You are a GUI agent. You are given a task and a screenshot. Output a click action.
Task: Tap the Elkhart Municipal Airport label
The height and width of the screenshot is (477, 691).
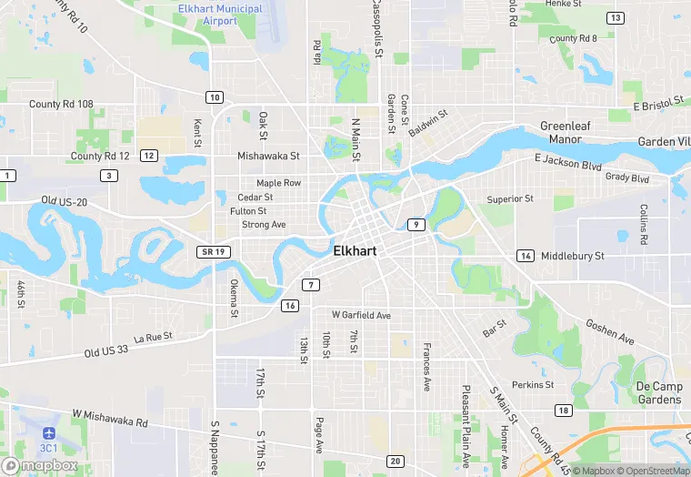coord(220,15)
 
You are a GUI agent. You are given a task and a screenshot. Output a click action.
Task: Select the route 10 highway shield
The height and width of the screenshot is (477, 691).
coord(215,97)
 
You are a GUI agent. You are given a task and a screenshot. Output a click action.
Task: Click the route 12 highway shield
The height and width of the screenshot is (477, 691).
coord(149,156)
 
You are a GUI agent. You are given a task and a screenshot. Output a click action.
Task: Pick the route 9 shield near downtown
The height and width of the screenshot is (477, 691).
coord(416,224)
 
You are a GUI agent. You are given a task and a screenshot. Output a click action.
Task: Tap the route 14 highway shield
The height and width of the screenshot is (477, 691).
coord(526,256)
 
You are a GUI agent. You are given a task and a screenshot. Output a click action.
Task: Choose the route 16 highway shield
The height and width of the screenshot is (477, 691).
coord(290,305)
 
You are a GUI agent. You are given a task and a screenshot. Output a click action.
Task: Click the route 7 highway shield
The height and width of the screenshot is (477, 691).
coord(311,285)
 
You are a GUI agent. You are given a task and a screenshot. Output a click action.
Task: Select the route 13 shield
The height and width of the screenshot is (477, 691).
coord(616,18)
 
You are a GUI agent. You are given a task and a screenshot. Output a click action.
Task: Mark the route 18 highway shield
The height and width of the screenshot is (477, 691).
coord(564,411)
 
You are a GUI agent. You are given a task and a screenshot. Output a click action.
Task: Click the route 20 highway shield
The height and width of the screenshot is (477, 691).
coord(395,462)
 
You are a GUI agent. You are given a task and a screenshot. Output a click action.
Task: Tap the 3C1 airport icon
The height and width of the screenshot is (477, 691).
coord(48,432)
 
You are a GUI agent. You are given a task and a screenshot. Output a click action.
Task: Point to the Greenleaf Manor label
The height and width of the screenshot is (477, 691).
coord(566,133)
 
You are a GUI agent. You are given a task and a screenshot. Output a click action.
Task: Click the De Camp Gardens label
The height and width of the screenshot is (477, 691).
coord(660,393)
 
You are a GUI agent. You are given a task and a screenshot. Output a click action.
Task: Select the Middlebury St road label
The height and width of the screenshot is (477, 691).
coord(573,256)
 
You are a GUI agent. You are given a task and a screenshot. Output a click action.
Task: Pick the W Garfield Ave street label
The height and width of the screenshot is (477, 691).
coord(361,315)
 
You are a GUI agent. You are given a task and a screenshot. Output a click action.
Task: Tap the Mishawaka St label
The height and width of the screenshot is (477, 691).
coord(268,156)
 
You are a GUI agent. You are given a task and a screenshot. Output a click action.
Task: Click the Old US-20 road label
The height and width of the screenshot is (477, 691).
coord(63,199)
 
